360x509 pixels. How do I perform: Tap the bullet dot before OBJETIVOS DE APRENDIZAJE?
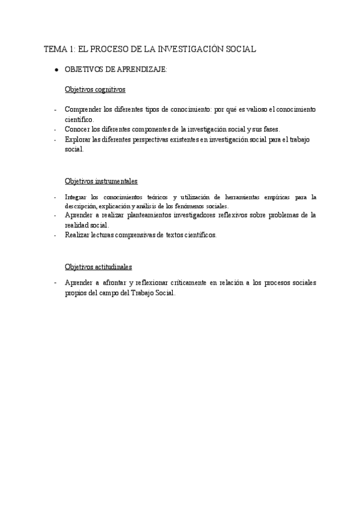click(56, 70)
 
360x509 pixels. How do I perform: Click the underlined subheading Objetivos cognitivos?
click(95, 90)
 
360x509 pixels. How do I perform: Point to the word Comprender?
click(83, 110)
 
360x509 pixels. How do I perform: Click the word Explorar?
click(78, 139)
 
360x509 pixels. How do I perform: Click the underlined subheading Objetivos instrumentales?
click(101, 181)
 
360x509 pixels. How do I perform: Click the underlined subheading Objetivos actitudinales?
click(98, 267)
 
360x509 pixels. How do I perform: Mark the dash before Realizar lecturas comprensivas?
click(55, 235)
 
